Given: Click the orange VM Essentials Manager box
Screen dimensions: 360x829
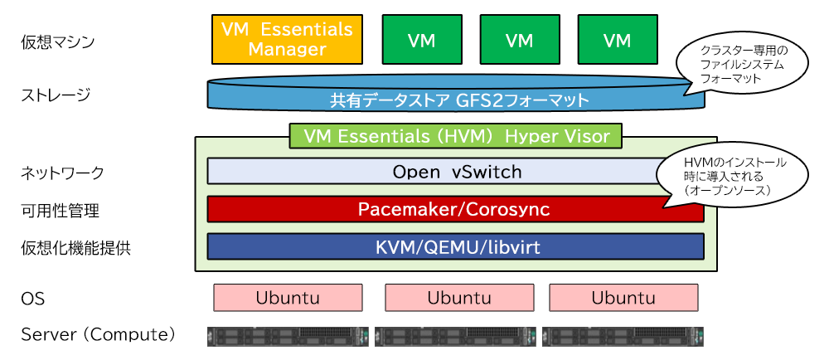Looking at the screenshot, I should pos(287,39).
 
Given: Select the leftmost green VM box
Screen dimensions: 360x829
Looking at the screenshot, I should pos(421,40).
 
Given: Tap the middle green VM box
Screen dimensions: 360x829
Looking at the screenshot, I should pos(519,40).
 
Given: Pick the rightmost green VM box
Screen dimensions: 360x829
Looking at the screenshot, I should pos(617,40).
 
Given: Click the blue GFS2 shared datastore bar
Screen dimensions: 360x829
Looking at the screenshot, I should pos(456,100).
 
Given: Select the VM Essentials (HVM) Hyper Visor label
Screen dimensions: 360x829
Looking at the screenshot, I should pos(457,135).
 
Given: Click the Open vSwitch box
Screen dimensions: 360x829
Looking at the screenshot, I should pos(431,172).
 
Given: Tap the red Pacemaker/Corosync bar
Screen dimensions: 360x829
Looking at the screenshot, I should pos(454,209).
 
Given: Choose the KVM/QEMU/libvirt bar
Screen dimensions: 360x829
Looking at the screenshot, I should pos(454,246).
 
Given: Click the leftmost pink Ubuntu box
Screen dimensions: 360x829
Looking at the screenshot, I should pos(288,297).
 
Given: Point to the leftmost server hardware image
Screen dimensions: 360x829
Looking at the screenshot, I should pos(288,336).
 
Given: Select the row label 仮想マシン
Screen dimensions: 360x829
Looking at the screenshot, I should pos(58,41).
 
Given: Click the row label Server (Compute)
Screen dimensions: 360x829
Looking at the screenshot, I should pos(98,334).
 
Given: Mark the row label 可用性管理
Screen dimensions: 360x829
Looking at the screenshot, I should pos(60,211).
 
